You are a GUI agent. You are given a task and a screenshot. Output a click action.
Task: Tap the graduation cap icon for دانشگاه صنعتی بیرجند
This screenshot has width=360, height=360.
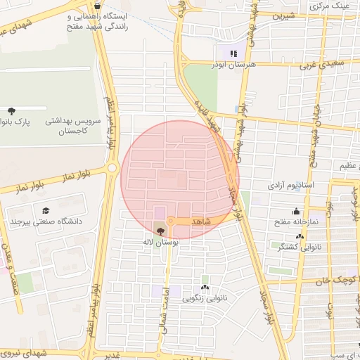coord(46,210)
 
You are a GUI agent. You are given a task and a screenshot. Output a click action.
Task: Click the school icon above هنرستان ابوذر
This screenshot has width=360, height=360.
coord(233,53)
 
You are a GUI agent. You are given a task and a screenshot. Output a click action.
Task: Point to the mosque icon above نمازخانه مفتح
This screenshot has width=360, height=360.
coord(296,210)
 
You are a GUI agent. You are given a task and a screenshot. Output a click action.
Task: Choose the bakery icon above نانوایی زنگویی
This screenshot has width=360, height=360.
coord(205,287)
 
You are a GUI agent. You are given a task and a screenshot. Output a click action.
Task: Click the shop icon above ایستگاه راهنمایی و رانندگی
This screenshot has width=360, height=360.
coord(96,6)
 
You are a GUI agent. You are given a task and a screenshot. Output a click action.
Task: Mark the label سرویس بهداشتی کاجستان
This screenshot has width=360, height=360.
coord(73,126)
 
